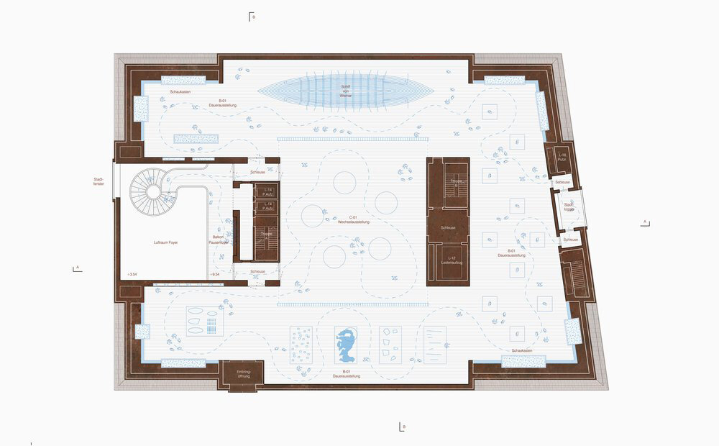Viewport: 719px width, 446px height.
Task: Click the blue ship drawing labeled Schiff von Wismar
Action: pos(345,91)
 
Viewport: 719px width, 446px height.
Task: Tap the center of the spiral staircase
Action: pos(152,190)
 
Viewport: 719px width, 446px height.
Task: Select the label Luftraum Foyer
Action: pos(165,243)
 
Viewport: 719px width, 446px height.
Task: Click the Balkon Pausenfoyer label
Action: pos(219,239)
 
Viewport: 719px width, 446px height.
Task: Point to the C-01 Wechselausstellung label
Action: pos(354,220)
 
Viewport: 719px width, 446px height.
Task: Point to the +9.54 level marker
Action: pos(214,275)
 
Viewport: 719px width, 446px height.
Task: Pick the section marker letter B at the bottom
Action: pos(403,427)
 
